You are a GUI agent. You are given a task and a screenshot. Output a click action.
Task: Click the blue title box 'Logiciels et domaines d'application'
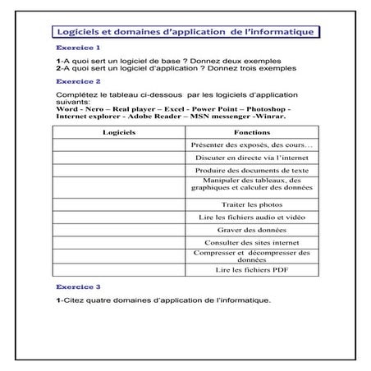click(x=185, y=32)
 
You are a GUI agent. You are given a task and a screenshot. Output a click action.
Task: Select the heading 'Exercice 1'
click(x=79, y=48)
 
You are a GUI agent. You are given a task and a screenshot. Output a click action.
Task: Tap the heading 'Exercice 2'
click(x=79, y=81)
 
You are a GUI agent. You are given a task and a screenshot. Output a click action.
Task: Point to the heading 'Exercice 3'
click(x=79, y=287)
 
